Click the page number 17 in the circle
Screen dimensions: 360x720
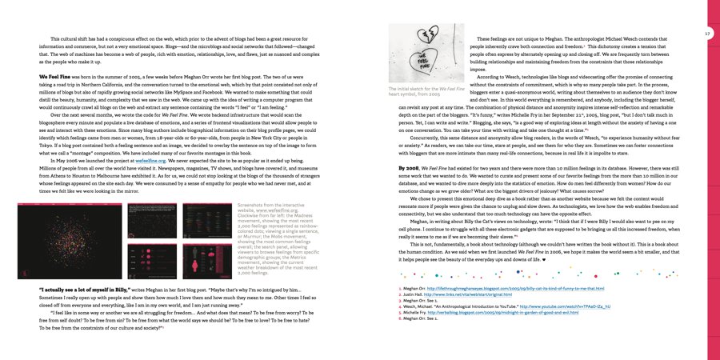[x=707, y=34]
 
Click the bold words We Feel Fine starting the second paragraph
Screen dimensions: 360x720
[x=54, y=77]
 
